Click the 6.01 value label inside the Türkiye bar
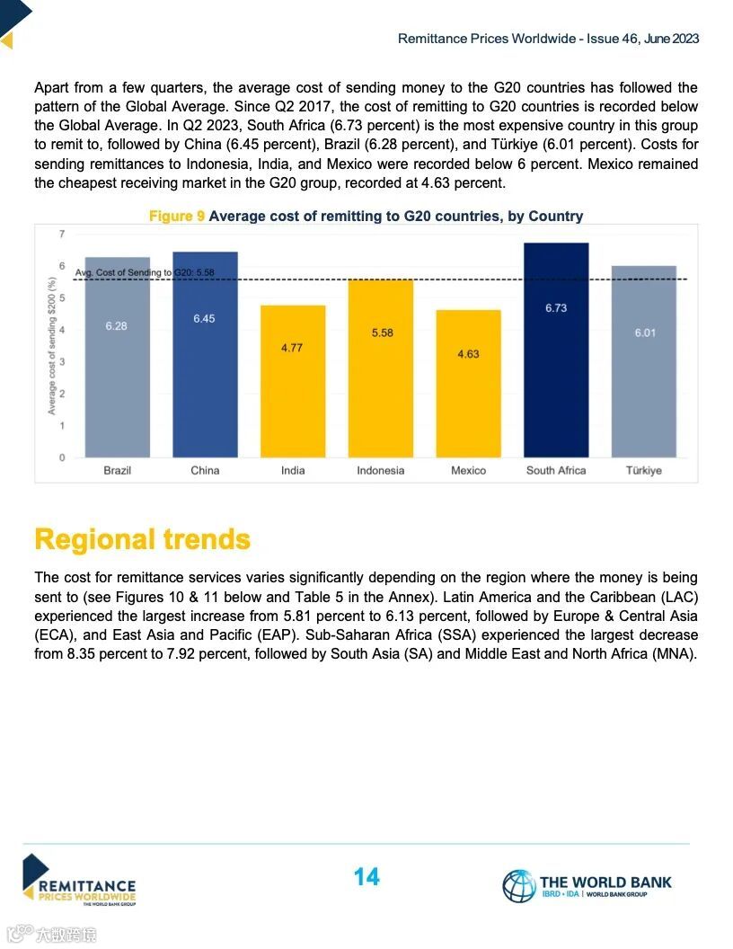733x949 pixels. [x=644, y=333]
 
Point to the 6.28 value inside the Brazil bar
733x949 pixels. [x=116, y=326]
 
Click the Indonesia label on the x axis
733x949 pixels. [x=380, y=471]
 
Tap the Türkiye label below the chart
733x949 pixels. [x=643, y=471]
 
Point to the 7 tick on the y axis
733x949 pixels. [x=62, y=235]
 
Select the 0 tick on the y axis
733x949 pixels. [x=62, y=457]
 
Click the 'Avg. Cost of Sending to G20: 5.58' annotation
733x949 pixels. [x=144, y=272]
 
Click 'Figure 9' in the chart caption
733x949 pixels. [x=176, y=217]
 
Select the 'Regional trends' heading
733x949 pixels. [x=142, y=539]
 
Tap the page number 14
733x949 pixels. [x=366, y=877]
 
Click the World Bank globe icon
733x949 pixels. [x=518, y=885]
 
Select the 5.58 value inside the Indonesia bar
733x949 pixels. [x=382, y=333]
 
